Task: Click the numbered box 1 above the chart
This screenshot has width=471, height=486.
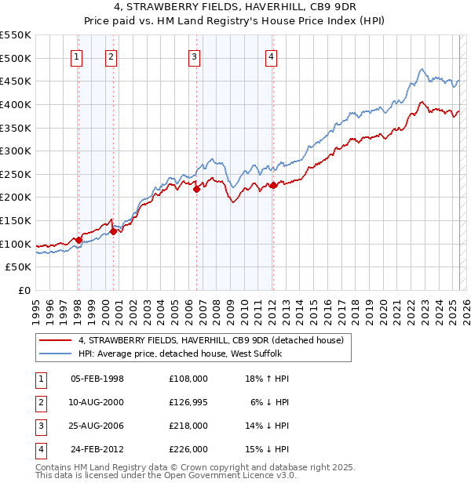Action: pos(77,56)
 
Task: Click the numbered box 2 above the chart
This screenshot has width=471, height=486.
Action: pos(111,56)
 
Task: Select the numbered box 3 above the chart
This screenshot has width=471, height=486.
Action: pos(194,56)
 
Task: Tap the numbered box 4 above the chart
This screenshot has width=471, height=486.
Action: pos(270,56)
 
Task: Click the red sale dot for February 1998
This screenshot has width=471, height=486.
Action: pos(78,240)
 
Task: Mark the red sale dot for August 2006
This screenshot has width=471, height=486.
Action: pos(196,189)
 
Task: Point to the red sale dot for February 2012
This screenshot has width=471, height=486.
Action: pos(272,185)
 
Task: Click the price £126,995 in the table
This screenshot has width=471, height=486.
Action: pos(188,401)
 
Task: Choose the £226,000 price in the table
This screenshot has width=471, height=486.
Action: pos(188,449)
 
